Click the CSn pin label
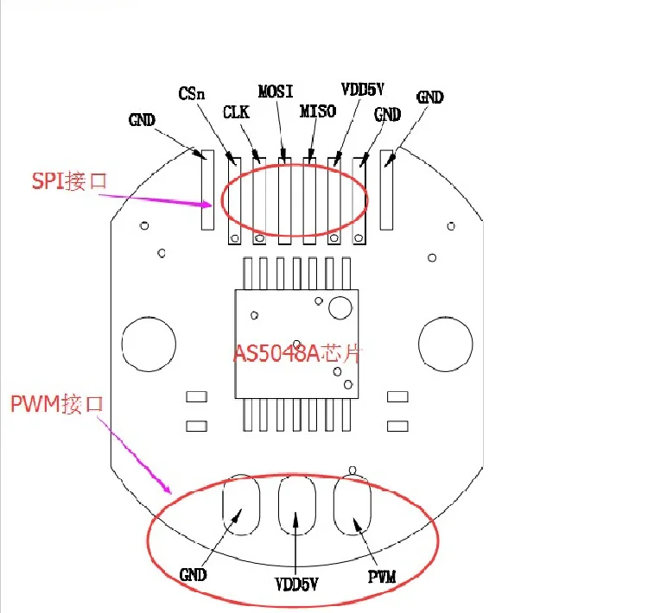[x=192, y=93]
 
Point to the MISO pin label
[x=317, y=112]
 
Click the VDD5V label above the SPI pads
[x=362, y=90]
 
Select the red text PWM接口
[x=57, y=403]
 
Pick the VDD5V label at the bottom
[x=297, y=584]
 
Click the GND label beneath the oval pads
[x=194, y=574]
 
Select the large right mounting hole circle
[x=445, y=342]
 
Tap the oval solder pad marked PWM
[x=353, y=506]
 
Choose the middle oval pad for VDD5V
[x=296, y=506]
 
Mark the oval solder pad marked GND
[x=241, y=506]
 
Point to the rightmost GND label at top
[x=429, y=98]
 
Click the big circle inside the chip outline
[x=340, y=306]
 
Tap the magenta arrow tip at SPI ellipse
[x=212, y=205]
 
